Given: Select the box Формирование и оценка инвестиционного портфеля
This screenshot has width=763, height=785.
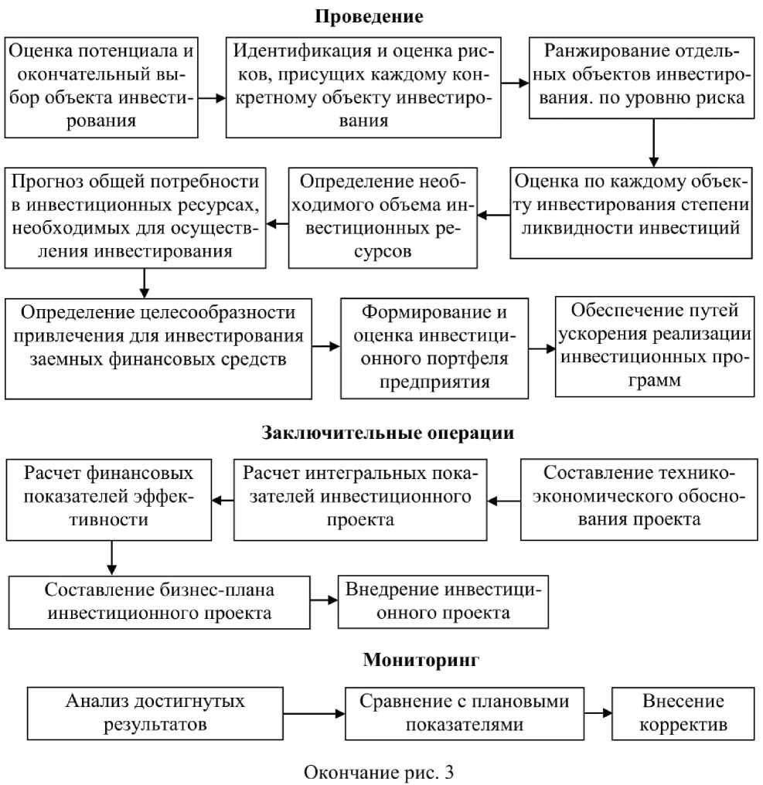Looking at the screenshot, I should (x=435, y=348).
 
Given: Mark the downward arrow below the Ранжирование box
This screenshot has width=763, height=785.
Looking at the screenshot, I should (x=654, y=141).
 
